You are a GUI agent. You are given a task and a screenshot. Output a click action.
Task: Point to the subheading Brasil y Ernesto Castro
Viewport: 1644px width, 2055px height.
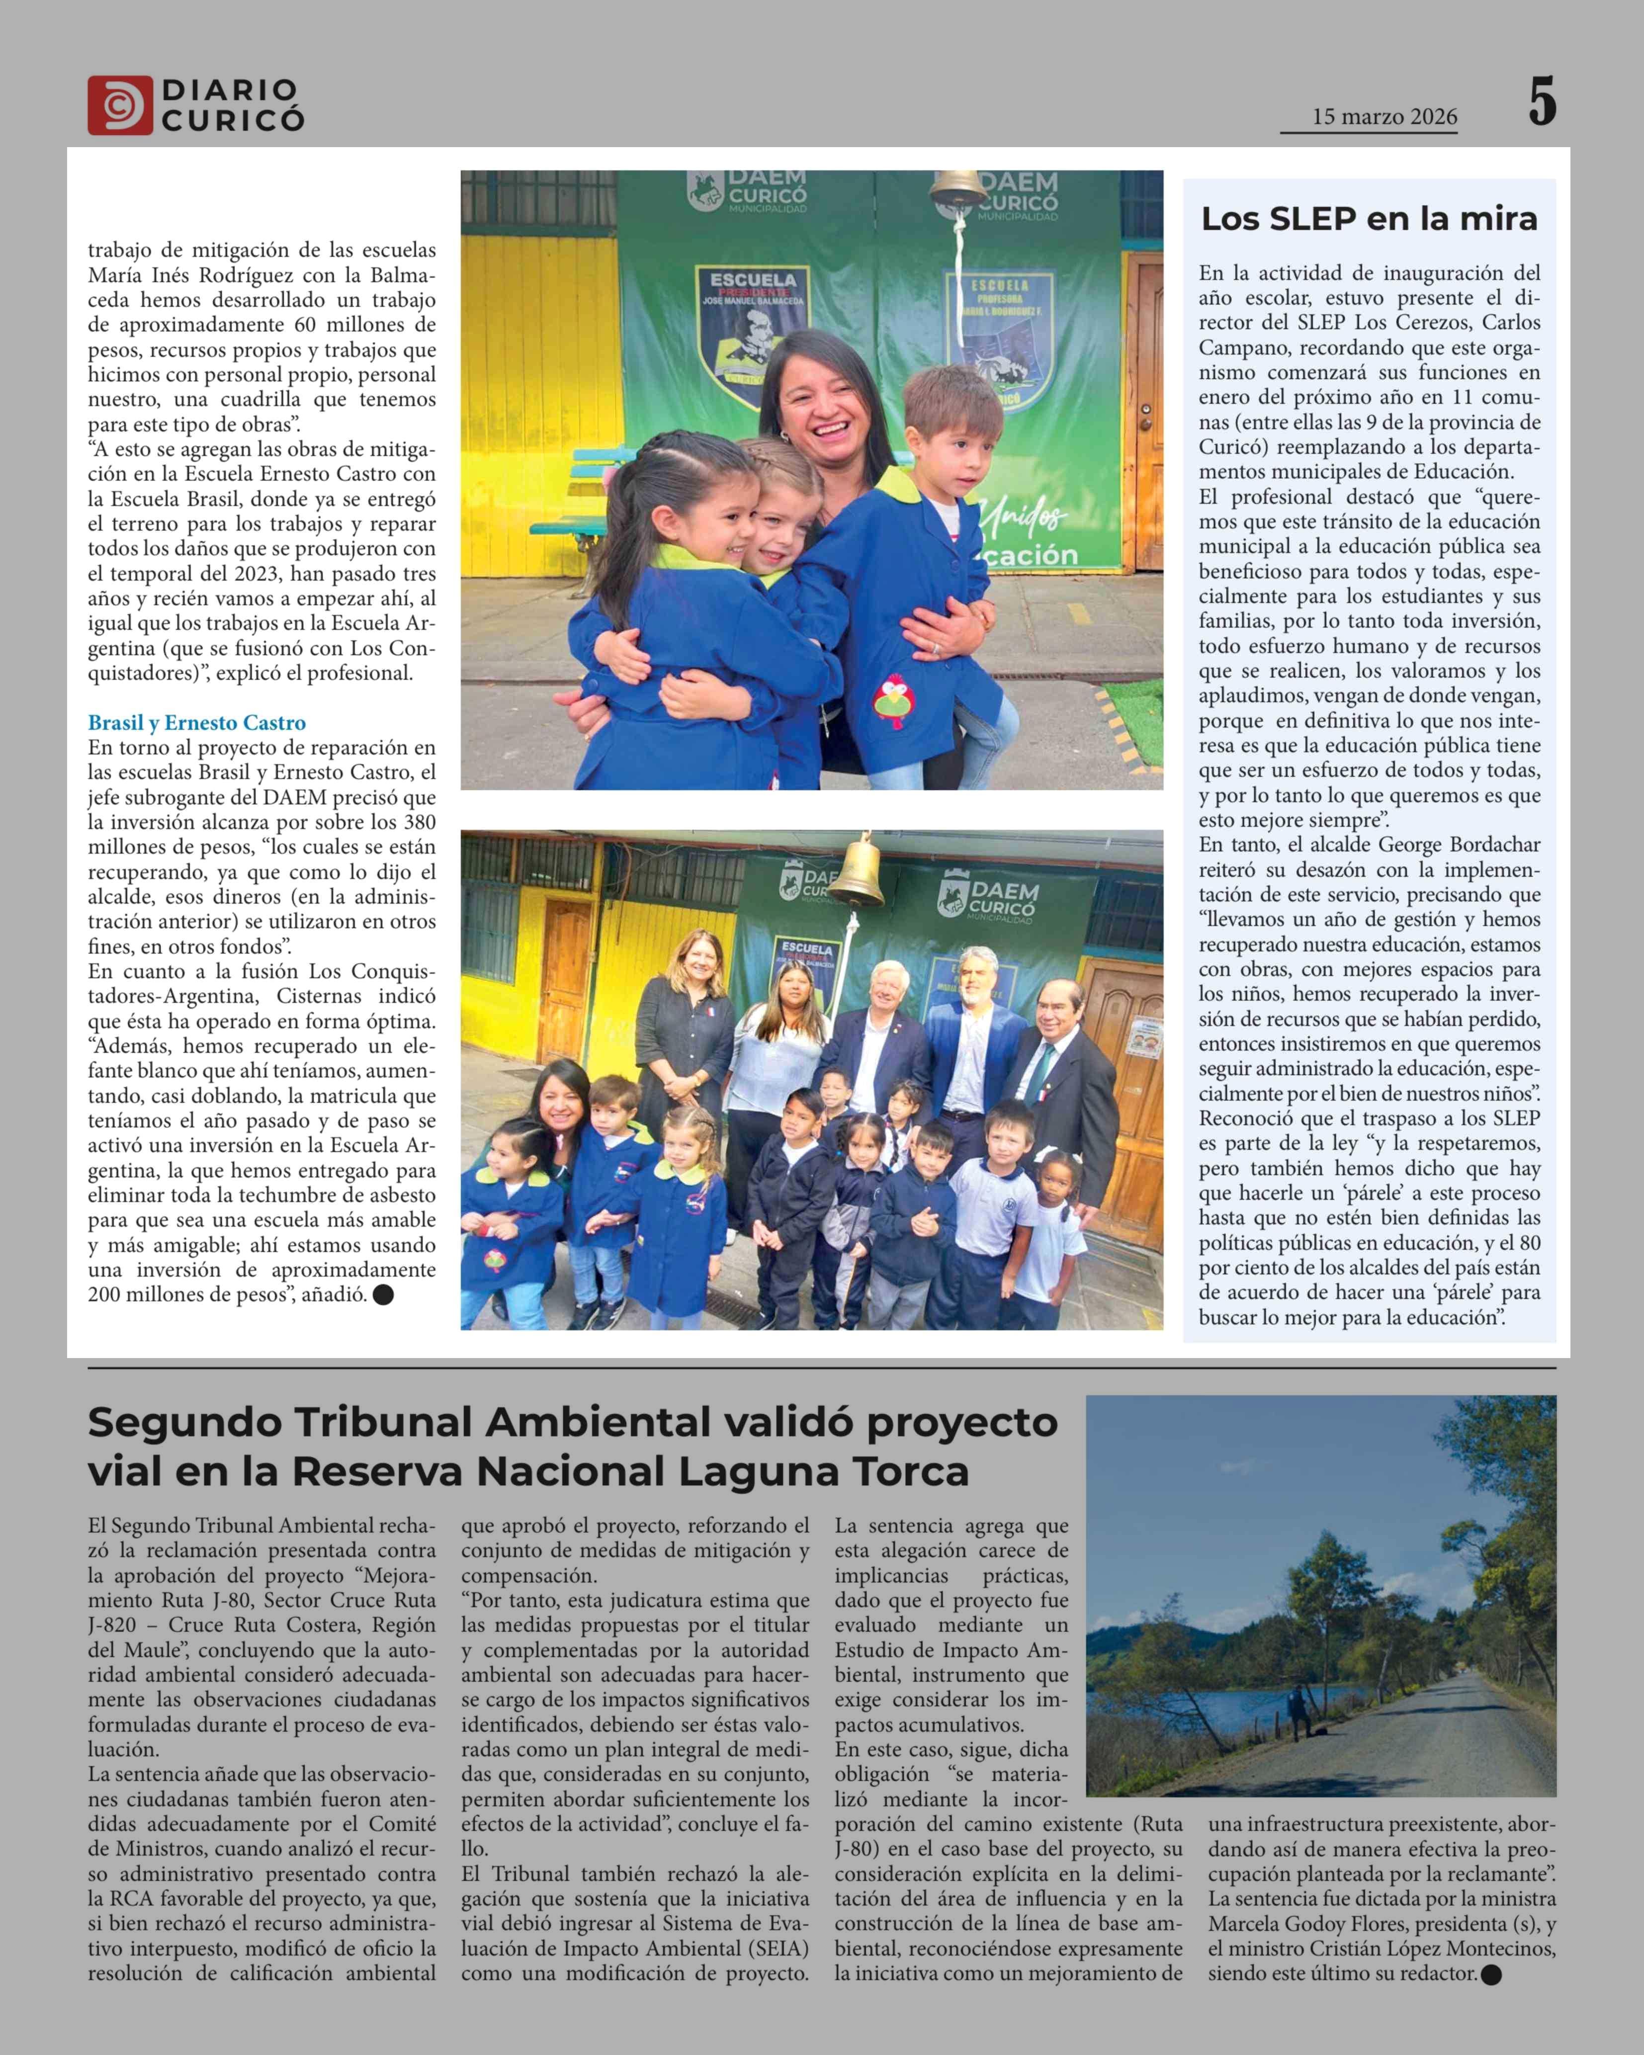click(x=196, y=722)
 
